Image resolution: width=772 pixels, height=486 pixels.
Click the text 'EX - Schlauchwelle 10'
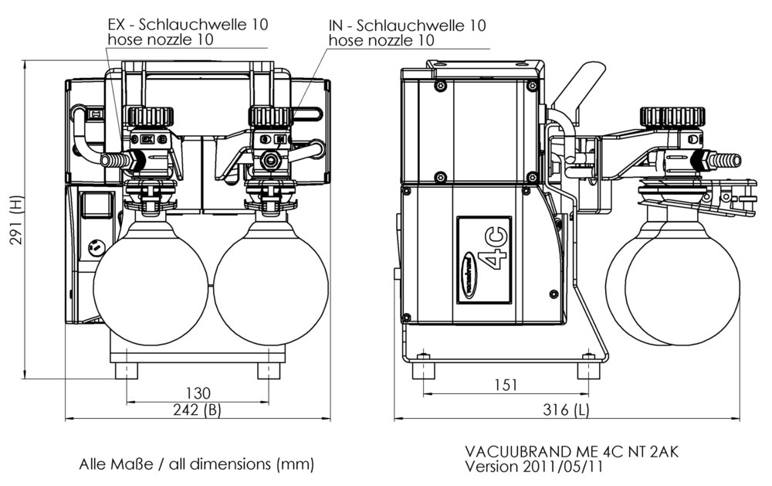(188, 24)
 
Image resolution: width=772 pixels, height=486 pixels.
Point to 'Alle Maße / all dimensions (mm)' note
(196, 465)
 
